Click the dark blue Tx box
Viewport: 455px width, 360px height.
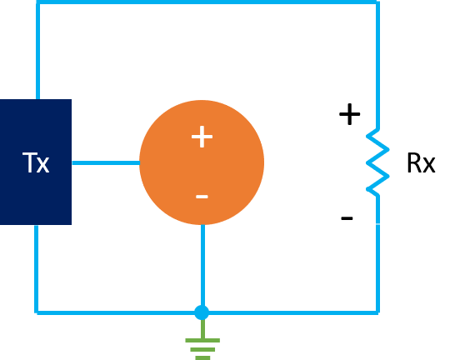(36, 162)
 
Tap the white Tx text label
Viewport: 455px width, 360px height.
(36, 162)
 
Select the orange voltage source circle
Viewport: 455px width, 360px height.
(202, 162)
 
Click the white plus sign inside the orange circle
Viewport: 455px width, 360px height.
(202, 137)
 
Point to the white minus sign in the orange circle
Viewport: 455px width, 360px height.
(202, 197)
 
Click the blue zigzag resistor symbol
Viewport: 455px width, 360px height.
(377, 162)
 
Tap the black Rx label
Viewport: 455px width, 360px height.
(421, 163)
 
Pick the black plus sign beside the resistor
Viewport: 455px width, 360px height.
(350, 114)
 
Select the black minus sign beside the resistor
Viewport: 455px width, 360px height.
(347, 218)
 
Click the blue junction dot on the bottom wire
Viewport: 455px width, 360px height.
(202, 312)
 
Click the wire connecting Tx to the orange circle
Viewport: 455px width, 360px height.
(106, 163)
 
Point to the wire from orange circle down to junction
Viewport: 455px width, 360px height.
(202, 265)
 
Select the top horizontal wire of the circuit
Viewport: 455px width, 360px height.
(207, 2)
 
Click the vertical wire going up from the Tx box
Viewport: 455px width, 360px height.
(38, 51)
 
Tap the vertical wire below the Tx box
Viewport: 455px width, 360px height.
(37, 269)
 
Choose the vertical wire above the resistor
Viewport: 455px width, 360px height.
(377, 65)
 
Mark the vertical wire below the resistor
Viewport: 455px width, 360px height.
(377, 255)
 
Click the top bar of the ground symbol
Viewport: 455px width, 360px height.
(202, 340)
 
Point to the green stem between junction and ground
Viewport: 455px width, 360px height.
(202, 329)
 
